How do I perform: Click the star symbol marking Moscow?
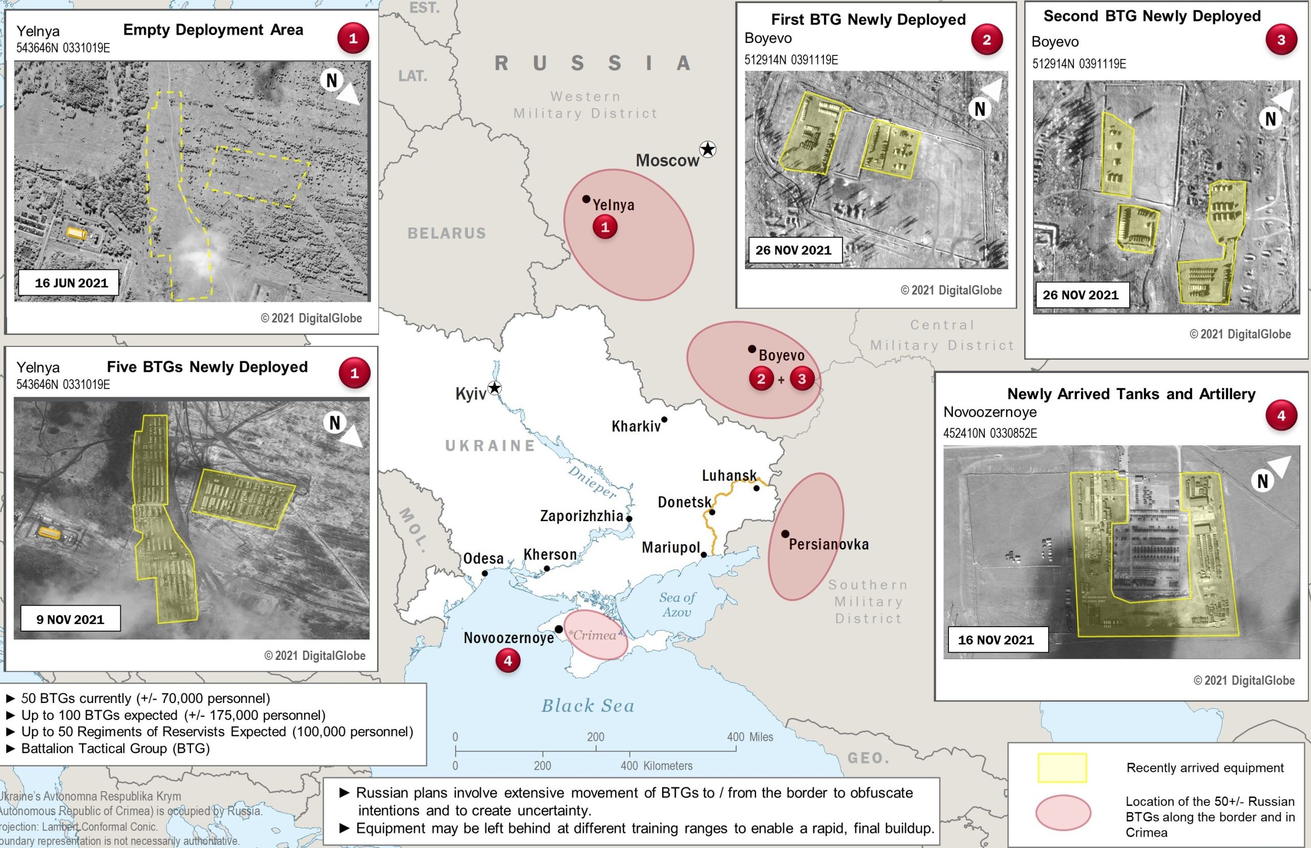point(708,149)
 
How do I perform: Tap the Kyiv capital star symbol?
point(495,388)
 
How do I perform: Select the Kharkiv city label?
point(636,426)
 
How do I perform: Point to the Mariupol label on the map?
point(670,547)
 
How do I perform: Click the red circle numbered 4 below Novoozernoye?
point(508,660)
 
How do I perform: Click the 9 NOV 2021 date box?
point(71,619)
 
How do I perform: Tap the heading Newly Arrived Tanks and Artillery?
point(1131,394)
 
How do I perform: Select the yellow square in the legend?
point(1062,768)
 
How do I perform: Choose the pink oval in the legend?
point(1063,813)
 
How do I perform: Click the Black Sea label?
point(588,706)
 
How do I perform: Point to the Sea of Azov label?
point(677,605)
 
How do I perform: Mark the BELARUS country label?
point(447,234)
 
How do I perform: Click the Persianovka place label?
point(828,545)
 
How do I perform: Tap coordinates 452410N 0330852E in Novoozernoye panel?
point(989,433)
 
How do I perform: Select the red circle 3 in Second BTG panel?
point(1281,39)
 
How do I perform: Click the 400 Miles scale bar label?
point(750,737)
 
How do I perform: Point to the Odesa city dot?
point(484,573)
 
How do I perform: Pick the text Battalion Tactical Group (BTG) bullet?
point(115,748)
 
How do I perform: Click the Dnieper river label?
point(591,481)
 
